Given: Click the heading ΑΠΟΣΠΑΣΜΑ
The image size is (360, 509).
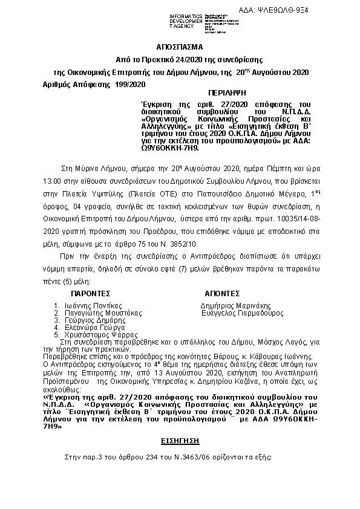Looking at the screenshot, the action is coord(180,47).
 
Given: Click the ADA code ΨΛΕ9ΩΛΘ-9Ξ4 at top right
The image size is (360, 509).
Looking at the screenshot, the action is coord(320,5).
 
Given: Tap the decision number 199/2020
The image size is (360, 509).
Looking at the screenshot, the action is coord(130,85).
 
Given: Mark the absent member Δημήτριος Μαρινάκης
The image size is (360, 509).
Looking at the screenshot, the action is coord(235,305).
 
